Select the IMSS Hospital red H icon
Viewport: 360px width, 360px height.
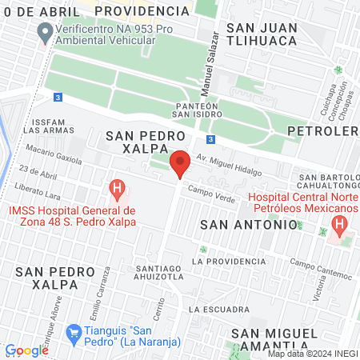pyautogui.click(x=117, y=190)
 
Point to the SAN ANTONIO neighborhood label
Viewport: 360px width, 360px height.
pyautogui.click(x=248, y=225)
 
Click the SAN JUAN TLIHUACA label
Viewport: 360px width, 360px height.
pyautogui.click(x=268, y=34)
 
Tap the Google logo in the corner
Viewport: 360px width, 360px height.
pyautogui.click(x=26, y=350)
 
